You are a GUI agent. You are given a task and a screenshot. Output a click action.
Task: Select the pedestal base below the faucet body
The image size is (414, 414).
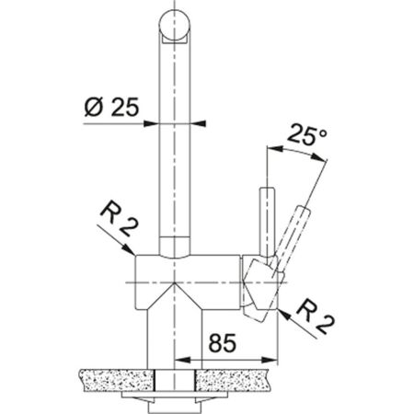pyautogui.click(x=175, y=340)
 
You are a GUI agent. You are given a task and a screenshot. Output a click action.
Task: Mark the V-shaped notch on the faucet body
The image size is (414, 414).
pyautogui.click(x=175, y=294)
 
